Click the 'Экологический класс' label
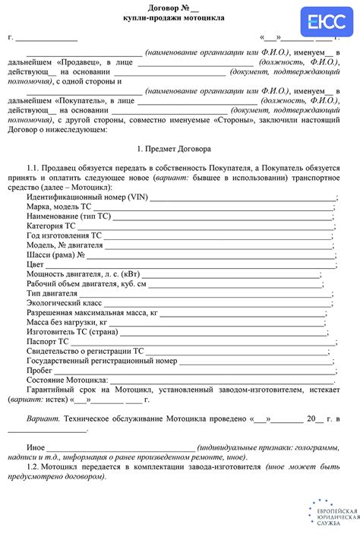tap(64, 302)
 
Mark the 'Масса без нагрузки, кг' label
tap(70, 322)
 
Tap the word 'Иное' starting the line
tap(36, 448)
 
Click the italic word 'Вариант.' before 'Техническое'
tap(43, 418)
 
